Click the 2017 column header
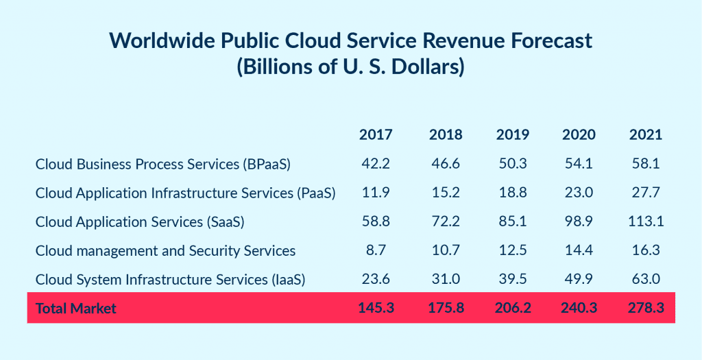click(376, 134)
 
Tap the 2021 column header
click(646, 134)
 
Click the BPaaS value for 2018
click(446, 164)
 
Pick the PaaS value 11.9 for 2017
click(376, 193)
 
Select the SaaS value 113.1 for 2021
click(646, 221)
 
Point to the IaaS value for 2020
click(579, 279)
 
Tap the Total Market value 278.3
click(646, 308)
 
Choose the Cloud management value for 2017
click(376, 250)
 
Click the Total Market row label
click(76, 309)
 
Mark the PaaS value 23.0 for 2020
click(579, 193)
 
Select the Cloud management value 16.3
click(646, 250)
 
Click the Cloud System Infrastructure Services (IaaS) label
click(170, 280)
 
